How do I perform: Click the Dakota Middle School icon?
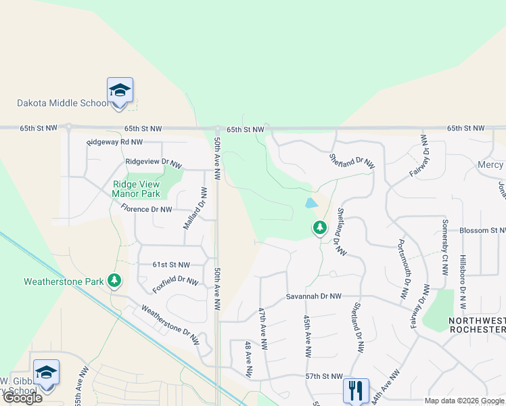120,90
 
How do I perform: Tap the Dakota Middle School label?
62,104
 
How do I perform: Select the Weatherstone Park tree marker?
115,280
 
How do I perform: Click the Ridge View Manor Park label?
136,188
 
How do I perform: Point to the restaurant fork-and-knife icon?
356,390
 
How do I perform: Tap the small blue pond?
311,202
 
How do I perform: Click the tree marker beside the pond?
320,228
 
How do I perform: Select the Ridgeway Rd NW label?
114,142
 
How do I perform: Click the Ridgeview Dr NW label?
154,163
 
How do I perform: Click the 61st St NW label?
170,265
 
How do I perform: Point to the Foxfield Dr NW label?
175,284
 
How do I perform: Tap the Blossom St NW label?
482,231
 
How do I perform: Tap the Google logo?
22,398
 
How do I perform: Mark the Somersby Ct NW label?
444,247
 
